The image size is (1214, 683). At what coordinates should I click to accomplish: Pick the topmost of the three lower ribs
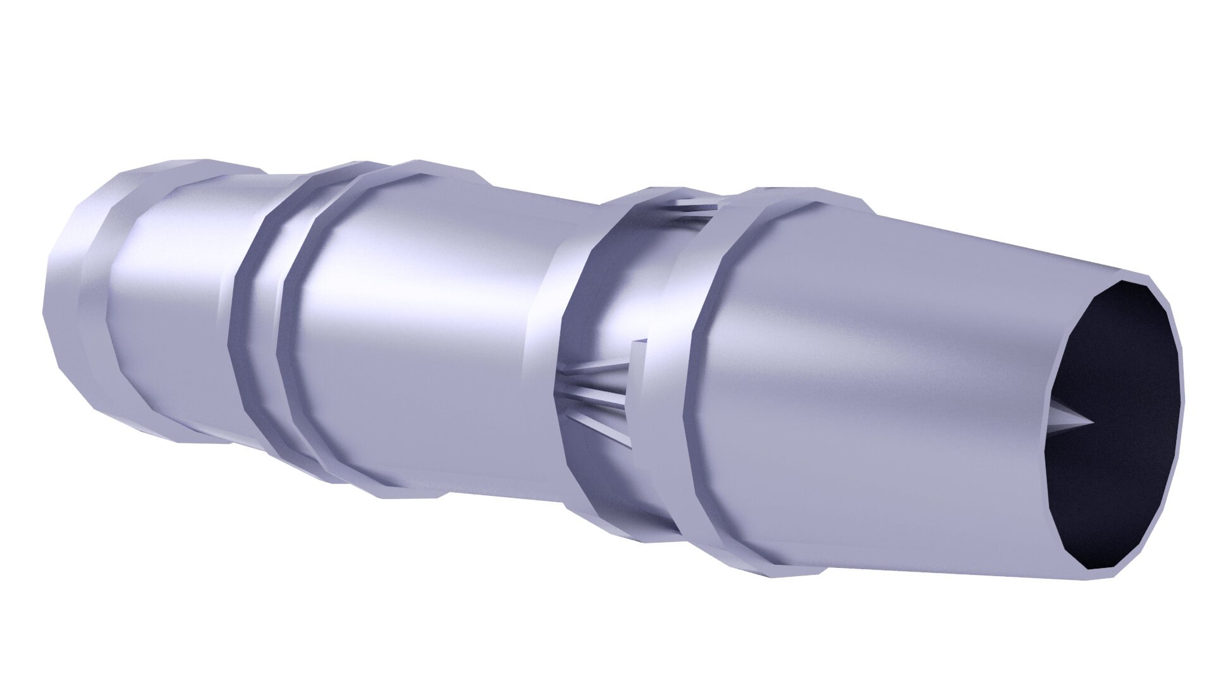pyautogui.click(x=594, y=374)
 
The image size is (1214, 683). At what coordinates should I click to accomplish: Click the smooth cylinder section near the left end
pyautogui.click(x=171, y=304)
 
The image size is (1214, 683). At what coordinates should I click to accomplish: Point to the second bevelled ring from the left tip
pyautogui.click(x=95, y=304)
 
